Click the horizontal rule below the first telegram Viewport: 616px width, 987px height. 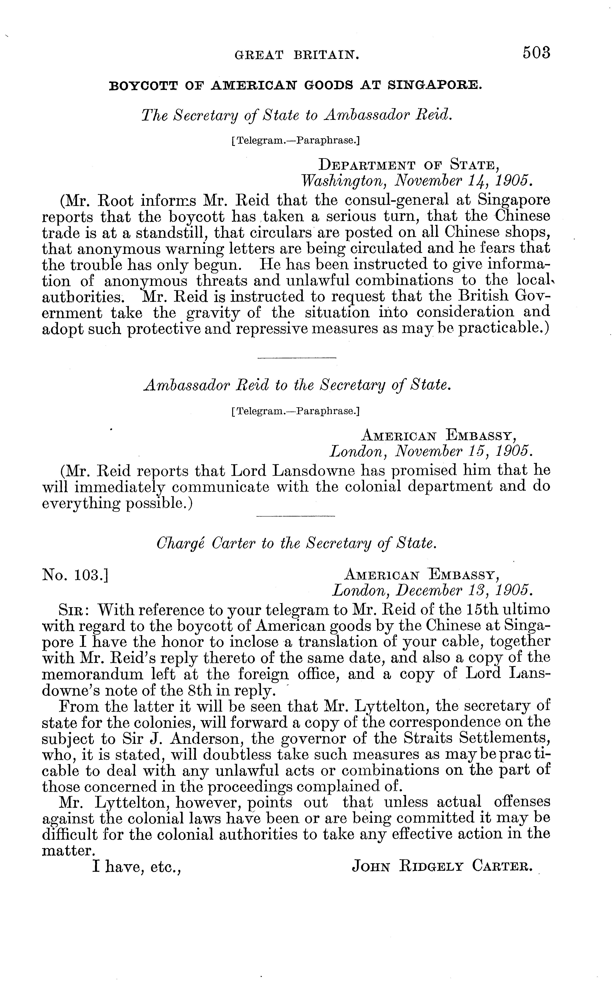(x=297, y=358)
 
